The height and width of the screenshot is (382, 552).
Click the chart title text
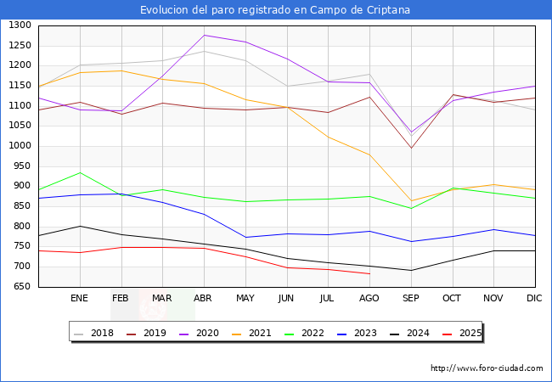tap(275, 10)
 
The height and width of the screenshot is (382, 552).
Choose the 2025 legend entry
tap(470, 333)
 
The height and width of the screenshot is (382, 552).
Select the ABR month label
tap(203, 299)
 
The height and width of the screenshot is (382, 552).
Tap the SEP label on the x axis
tap(410, 299)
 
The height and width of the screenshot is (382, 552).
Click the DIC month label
tap(534, 299)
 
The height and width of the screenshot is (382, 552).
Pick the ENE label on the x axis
tap(79, 299)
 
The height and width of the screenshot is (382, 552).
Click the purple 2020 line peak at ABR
tap(204, 35)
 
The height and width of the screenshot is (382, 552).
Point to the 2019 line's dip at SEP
tap(411, 149)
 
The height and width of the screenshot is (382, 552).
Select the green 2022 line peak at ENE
tap(80, 172)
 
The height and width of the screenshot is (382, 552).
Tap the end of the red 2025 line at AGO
tap(369, 273)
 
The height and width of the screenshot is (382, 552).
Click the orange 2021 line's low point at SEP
tap(411, 201)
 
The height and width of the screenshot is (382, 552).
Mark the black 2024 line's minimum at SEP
tap(411, 271)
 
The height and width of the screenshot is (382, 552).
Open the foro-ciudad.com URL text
tap(487, 368)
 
